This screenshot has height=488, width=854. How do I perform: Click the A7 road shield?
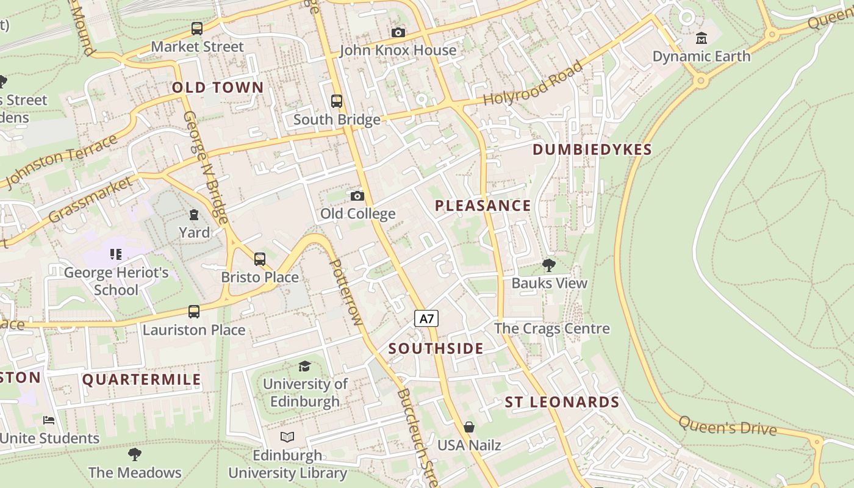click(427, 318)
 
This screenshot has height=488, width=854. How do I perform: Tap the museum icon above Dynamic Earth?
click(701, 38)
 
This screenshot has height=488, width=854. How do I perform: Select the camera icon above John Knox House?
click(398, 32)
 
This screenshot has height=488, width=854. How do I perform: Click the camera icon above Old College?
click(357, 196)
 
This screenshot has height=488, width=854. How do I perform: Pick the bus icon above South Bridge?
click(337, 101)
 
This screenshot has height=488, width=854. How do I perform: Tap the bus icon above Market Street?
click(196, 28)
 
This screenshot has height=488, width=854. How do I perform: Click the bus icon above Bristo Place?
click(260, 259)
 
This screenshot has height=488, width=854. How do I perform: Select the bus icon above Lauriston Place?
click(194, 312)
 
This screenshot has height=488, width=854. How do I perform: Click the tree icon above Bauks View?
click(549, 265)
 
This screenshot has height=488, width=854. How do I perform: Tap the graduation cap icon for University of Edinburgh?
click(304, 366)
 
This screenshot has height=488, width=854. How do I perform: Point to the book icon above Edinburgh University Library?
click(287, 437)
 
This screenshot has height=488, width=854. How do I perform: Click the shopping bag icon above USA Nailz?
click(469, 427)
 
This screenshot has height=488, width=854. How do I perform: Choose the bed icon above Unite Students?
click(49, 420)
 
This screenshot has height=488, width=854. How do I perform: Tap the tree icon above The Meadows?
click(135, 454)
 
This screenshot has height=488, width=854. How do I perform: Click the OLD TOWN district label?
click(218, 87)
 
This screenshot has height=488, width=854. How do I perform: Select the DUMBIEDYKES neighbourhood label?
click(592, 149)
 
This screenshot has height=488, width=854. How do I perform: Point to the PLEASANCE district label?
click(483, 206)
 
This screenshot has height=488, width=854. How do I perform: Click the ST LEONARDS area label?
click(562, 402)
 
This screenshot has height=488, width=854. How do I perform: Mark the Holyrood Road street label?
click(533, 84)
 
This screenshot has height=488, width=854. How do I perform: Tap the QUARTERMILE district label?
click(142, 379)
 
